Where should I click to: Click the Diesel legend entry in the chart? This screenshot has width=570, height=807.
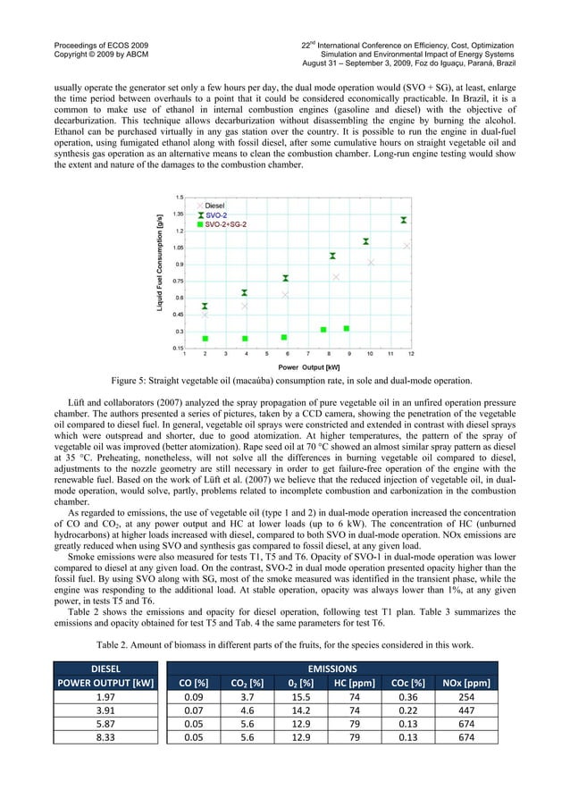pos(214,206)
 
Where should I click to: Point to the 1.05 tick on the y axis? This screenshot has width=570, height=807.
pos(179,248)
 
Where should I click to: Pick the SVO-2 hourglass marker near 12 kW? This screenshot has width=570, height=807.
pos(404,220)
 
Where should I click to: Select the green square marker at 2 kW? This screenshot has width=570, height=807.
pos(205,339)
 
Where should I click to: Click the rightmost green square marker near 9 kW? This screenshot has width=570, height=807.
pos(347,328)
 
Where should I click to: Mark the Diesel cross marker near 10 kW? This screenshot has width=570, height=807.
pos(371,262)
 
